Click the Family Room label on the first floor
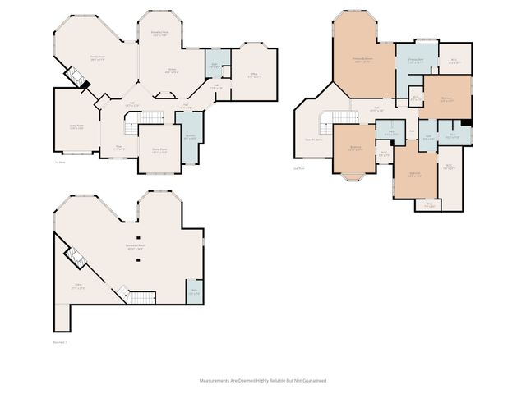tap(97, 57)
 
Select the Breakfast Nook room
tap(159, 34)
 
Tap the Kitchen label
tap(172, 70)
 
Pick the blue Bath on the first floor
tap(213, 65)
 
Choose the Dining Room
tap(159, 150)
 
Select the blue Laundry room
tap(190, 137)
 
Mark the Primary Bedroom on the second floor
tap(363, 59)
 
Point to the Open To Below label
tap(313, 140)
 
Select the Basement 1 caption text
tap(59, 343)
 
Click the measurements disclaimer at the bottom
tap(263, 381)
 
